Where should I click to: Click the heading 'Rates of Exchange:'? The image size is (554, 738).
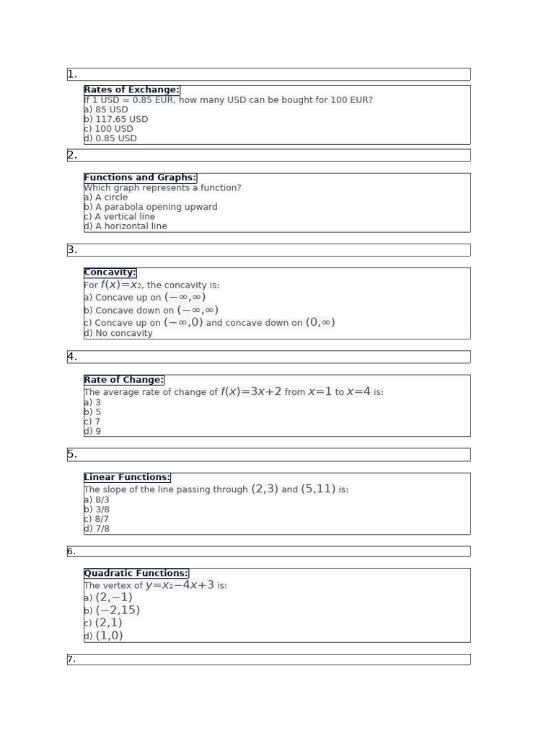(131, 90)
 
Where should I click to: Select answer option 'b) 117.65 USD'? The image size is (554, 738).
(116, 119)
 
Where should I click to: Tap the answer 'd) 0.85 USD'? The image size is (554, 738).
(110, 138)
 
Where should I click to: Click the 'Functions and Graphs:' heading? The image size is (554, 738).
(140, 177)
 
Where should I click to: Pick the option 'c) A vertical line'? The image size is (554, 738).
(120, 216)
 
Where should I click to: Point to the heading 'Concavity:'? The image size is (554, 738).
(110, 272)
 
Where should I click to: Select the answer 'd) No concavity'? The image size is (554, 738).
(118, 333)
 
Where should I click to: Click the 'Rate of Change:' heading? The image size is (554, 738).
(123, 380)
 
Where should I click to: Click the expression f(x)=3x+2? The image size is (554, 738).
(251, 391)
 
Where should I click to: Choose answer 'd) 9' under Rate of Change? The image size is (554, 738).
(92, 431)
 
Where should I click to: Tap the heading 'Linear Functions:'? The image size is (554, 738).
(127, 477)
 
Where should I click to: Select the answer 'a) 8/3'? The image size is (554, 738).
(97, 499)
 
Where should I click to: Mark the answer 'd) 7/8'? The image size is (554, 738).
(97, 528)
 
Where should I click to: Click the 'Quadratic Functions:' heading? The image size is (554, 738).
(136, 573)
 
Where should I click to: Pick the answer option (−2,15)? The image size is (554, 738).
(118, 610)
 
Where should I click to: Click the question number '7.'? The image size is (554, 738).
(71, 659)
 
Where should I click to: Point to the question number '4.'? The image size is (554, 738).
(72, 357)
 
